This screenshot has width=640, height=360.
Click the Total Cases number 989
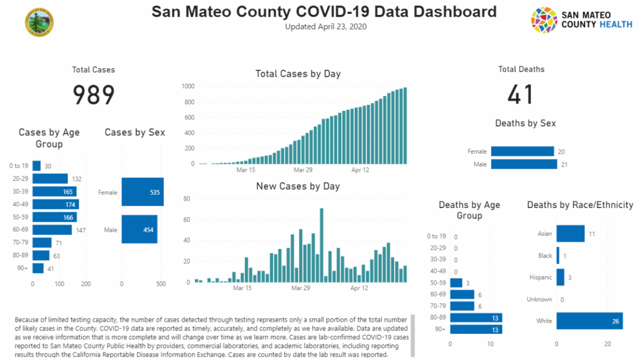click(94, 95)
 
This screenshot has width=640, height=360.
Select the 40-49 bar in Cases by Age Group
click(55, 204)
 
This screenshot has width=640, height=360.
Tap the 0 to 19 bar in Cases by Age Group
click(36, 166)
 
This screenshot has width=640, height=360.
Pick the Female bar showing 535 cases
click(142, 192)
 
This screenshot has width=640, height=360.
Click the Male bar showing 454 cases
click(139, 229)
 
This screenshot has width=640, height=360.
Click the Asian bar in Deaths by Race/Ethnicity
click(570, 234)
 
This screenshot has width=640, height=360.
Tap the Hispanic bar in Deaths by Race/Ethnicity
click(560, 277)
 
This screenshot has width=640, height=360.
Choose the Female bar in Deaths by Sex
click(523, 151)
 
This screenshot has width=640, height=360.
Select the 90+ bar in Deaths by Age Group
click(476, 329)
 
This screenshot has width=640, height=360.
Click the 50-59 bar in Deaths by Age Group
click(456, 283)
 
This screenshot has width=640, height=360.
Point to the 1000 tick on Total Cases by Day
click(187, 86)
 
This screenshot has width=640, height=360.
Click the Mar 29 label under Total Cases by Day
click(303, 170)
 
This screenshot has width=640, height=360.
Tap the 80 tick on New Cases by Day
click(187, 199)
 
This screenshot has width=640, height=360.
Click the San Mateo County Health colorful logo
click(544, 20)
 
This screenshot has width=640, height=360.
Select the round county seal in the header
click(39, 22)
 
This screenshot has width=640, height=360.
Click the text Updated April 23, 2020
click(326, 27)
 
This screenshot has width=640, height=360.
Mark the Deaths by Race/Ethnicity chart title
click(580, 205)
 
